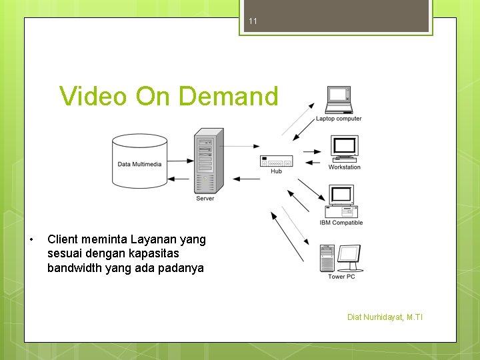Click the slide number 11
point(253,21)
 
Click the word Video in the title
point(93,97)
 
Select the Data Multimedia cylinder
point(139,160)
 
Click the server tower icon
point(207,160)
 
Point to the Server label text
point(205,199)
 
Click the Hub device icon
point(276,161)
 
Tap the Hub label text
point(276,171)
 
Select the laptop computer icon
point(338,100)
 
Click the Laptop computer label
point(339,119)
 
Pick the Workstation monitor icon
point(345,148)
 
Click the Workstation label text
point(345,167)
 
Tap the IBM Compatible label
point(341,223)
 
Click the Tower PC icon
point(341,259)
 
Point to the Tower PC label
point(341,277)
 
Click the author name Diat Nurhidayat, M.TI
point(385,317)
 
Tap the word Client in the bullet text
point(63,239)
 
